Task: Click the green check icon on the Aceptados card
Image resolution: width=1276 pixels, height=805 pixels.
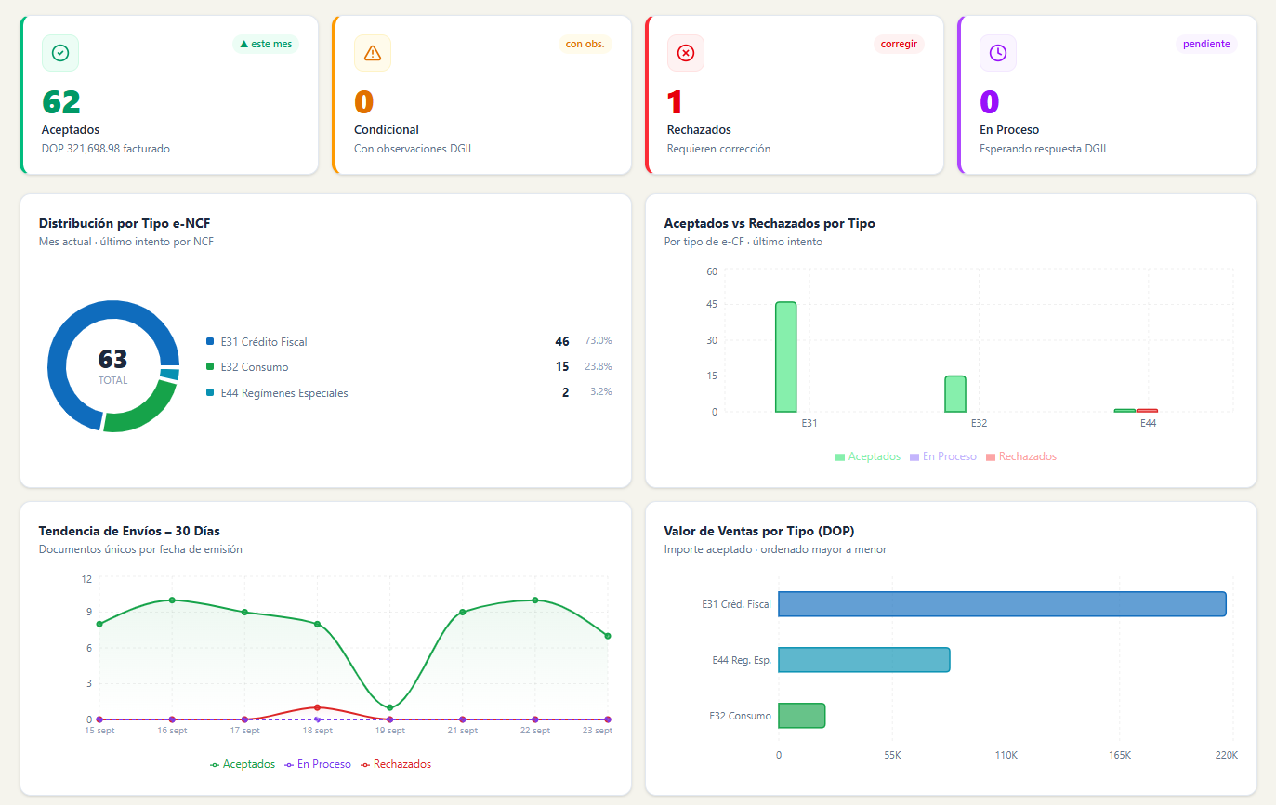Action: (60, 53)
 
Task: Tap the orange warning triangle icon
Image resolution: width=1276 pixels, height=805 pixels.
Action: (373, 53)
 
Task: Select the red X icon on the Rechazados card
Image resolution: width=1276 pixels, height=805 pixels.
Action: (686, 53)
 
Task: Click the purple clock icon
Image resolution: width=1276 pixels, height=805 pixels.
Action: (998, 53)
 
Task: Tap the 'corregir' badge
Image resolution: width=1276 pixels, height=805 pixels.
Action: (899, 44)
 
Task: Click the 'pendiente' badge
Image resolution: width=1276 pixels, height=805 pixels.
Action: (1206, 44)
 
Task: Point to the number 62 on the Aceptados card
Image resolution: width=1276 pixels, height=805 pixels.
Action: (61, 102)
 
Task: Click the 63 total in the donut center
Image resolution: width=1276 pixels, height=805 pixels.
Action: (112, 359)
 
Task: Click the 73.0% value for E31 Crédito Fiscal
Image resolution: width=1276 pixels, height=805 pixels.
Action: (599, 341)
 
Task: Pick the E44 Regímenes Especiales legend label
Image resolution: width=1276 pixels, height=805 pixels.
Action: (284, 393)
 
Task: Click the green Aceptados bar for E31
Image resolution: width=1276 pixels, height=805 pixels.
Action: (786, 357)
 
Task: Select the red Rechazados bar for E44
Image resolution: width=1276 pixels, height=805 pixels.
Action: (1147, 410)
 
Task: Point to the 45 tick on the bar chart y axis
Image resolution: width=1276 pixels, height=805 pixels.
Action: (712, 304)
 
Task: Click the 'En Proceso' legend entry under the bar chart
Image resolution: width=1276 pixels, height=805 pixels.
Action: (943, 456)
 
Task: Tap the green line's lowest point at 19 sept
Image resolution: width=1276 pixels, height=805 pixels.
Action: (389, 707)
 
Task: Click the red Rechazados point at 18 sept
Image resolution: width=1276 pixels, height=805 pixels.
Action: (317, 707)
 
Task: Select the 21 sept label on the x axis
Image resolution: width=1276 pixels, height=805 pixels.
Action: (463, 731)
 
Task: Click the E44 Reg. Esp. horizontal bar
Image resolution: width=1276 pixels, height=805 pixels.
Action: (864, 660)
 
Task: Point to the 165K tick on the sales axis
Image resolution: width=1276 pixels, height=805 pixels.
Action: (1120, 755)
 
